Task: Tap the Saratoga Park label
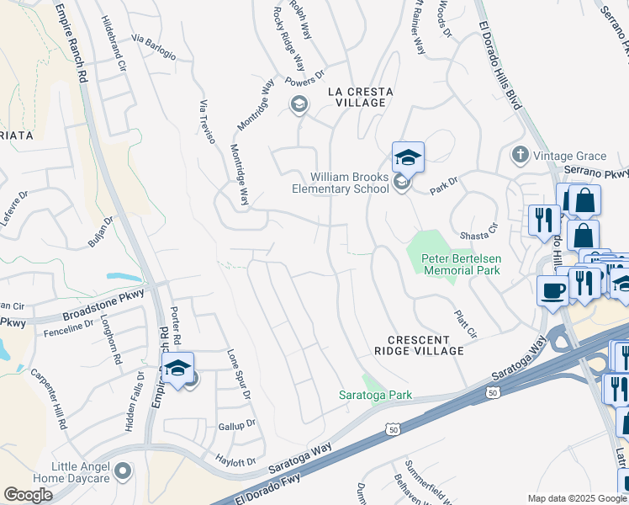pos(374,394)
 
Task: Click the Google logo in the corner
pos(28,495)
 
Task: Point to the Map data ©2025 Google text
pos(576,498)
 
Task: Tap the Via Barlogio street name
pos(154,47)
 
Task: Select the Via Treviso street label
pos(208,121)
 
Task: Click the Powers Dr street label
pos(305,82)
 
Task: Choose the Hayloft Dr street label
pos(236,462)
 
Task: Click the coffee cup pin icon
pos(552,290)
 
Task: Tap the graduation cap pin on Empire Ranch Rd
pos(177,368)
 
